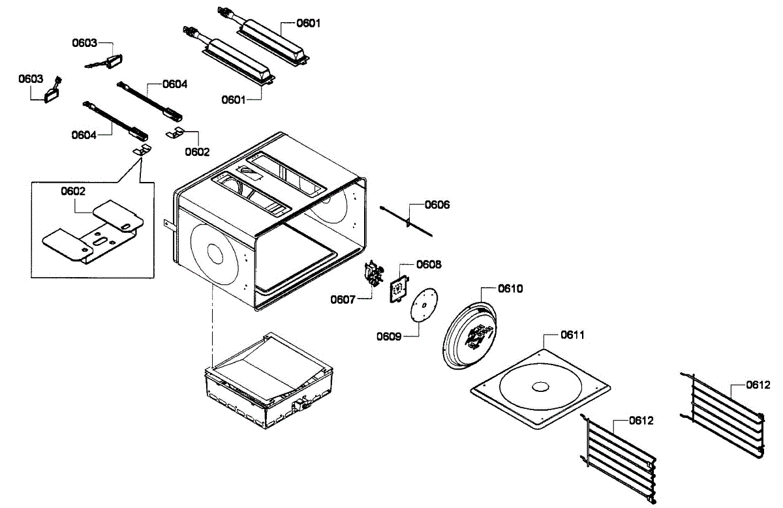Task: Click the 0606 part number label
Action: point(437,205)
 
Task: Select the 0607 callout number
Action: point(343,299)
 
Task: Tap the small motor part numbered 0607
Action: point(374,274)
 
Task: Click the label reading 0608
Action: point(429,265)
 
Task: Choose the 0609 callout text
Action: point(388,336)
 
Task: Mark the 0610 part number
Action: point(511,288)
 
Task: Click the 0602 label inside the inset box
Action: point(74,191)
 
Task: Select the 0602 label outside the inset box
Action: point(197,152)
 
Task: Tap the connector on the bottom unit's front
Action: point(301,406)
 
